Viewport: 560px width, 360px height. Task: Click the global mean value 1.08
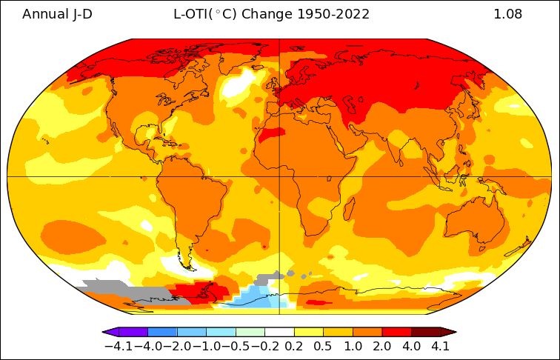[x=507, y=14]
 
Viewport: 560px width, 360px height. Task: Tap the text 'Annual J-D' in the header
[x=57, y=14]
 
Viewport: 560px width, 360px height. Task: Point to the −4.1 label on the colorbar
[x=118, y=345]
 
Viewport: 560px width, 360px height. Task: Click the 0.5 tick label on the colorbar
[x=323, y=345]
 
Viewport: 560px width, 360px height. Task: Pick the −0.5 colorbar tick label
[x=236, y=345]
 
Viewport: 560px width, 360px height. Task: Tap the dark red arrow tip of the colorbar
[x=447, y=332]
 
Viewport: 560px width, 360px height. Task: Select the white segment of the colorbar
[x=279, y=332]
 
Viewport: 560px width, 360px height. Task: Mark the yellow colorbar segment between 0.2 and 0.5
[x=308, y=332]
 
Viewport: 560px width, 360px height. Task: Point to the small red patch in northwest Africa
[x=272, y=134]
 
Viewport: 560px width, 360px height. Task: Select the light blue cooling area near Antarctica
[x=256, y=296]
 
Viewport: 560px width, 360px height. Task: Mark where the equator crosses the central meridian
[x=279, y=176]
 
